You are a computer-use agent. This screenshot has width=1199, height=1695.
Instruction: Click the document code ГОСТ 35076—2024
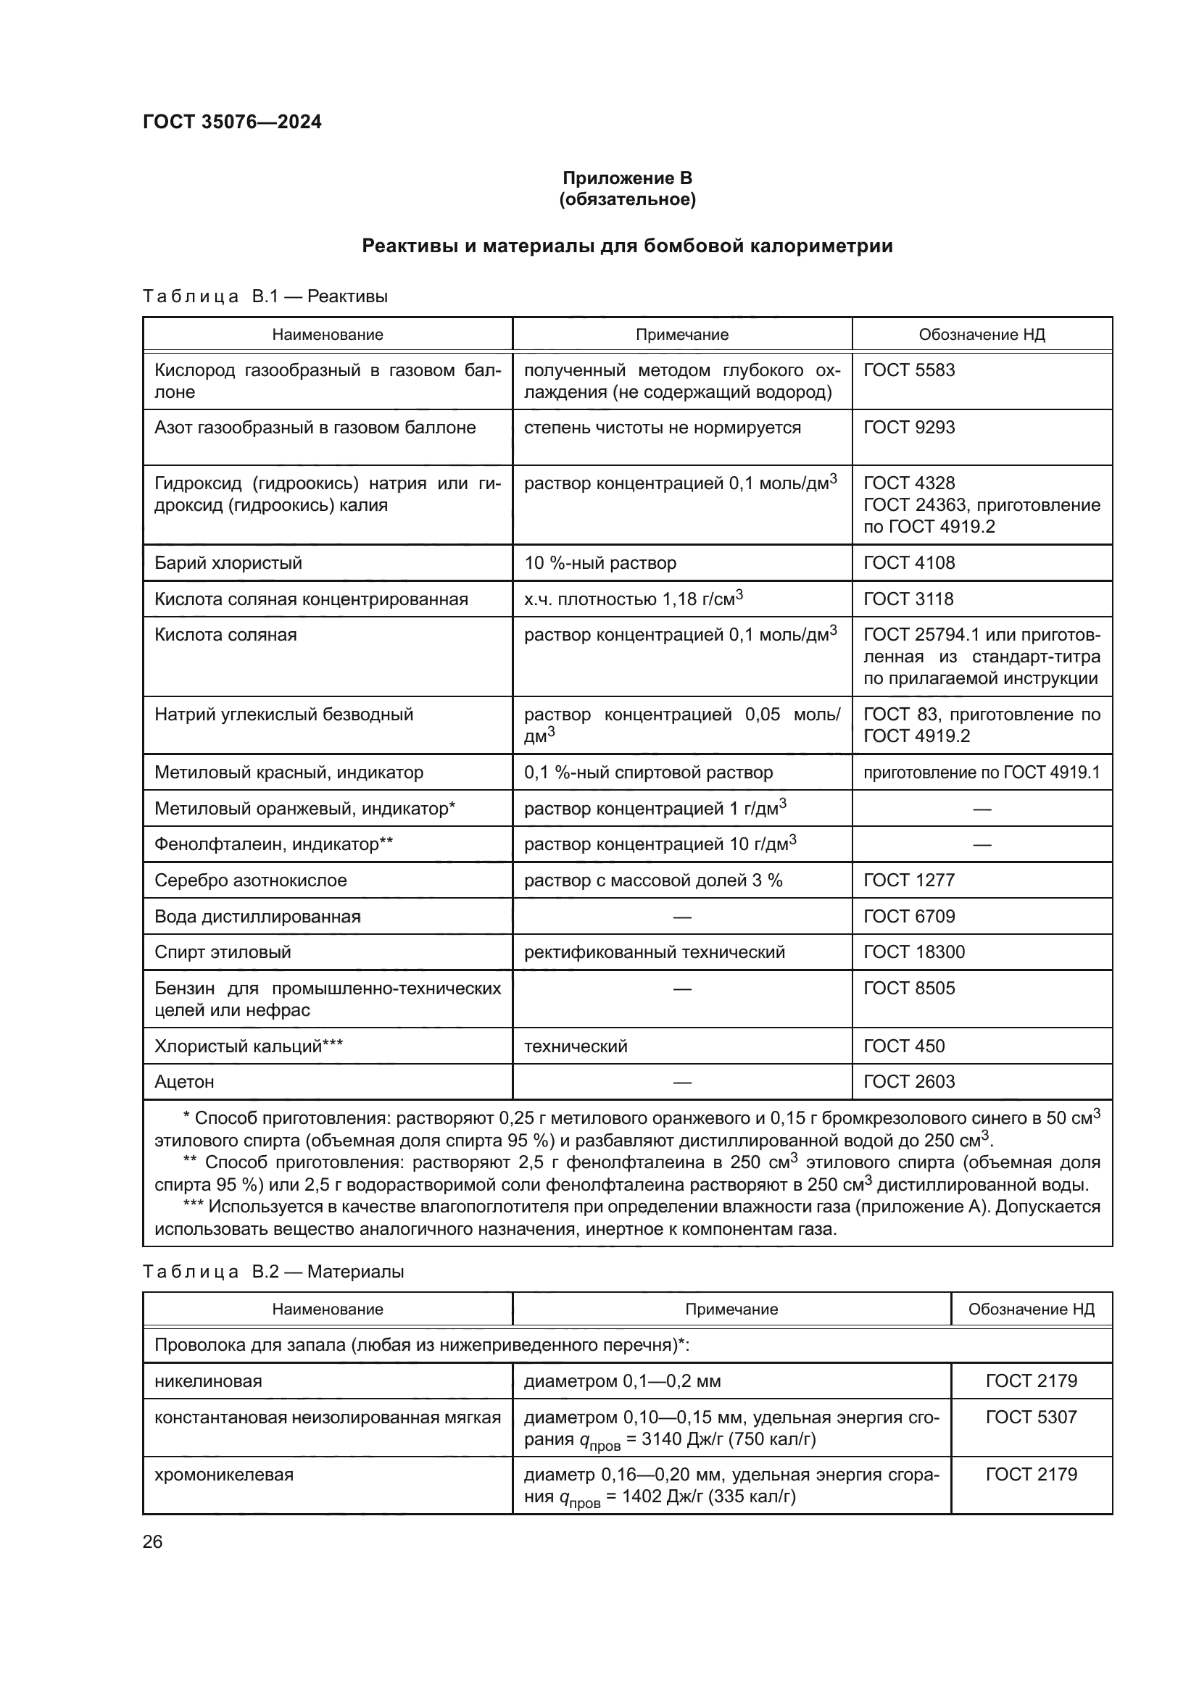[x=232, y=122]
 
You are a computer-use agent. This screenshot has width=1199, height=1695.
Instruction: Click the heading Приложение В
[x=627, y=178]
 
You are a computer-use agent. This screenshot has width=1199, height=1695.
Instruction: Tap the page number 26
[x=152, y=1541]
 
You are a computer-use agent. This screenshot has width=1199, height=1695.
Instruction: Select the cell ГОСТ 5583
[x=909, y=370]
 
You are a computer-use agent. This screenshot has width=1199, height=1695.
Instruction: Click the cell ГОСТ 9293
[x=909, y=428]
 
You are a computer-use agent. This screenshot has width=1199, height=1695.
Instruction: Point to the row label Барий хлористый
[x=228, y=562]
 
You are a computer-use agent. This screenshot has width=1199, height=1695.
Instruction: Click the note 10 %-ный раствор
[x=599, y=562]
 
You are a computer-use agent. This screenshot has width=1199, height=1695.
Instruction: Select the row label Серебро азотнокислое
[x=250, y=880]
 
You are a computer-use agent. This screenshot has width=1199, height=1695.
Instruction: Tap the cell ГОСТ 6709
[x=909, y=916]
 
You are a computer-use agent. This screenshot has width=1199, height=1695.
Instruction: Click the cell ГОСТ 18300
[x=914, y=951]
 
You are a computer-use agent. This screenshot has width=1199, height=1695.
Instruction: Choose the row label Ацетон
[x=184, y=1081]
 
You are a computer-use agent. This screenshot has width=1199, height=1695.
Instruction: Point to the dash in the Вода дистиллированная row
[x=682, y=917]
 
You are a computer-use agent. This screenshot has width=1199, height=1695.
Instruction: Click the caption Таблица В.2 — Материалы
[x=273, y=1271]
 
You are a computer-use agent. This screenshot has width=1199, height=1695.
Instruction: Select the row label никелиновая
[x=208, y=1380]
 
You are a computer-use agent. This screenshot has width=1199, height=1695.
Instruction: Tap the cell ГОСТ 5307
[x=1031, y=1417]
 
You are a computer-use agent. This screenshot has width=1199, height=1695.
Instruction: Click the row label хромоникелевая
[x=224, y=1474]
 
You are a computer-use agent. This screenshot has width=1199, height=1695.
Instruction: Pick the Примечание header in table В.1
[x=681, y=334]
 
